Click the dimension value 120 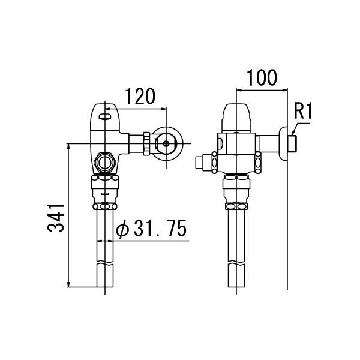click(140, 95)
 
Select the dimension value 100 click(261, 77)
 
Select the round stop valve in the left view click(166, 143)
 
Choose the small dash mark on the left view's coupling click(106, 194)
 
